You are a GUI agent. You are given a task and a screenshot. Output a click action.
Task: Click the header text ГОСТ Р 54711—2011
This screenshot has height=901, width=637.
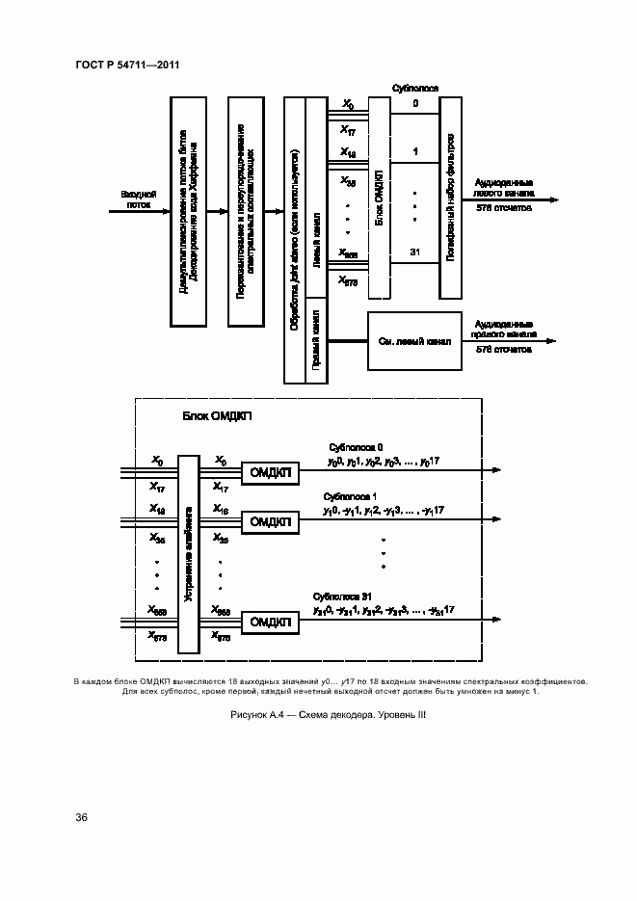(x=128, y=65)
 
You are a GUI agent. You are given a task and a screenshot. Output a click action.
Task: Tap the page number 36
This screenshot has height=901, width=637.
(x=82, y=817)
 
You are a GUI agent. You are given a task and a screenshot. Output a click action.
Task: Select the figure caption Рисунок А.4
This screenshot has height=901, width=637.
(x=328, y=714)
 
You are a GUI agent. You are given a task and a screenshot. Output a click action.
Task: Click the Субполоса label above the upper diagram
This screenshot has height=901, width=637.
(x=415, y=88)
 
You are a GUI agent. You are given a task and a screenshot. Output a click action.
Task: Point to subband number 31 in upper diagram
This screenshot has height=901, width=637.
(x=415, y=252)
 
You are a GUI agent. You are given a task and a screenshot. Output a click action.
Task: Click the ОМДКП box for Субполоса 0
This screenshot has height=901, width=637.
(x=271, y=471)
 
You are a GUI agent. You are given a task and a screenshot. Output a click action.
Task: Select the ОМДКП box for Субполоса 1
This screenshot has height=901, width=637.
(x=271, y=521)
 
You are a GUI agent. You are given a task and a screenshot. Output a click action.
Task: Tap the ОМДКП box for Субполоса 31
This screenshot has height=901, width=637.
(x=271, y=623)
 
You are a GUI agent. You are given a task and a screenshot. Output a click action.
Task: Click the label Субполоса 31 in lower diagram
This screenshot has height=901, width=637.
(x=344, y=596)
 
